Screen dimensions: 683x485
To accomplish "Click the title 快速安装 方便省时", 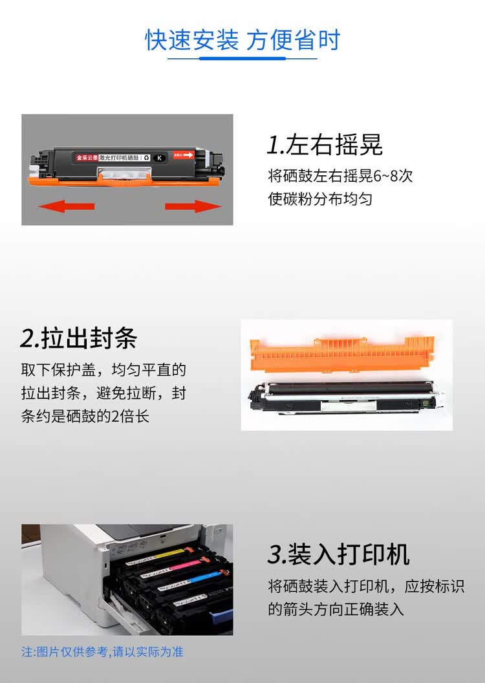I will pos(242,40).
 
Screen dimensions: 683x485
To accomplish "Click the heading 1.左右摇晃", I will pos(325,145).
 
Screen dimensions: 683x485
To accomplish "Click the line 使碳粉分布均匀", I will pos(320,199).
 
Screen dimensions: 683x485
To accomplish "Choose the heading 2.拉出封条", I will pos(79,338).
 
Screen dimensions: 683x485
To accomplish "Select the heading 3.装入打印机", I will pos(338,554).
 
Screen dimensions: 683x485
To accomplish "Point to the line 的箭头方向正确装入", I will pos(336,609).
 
